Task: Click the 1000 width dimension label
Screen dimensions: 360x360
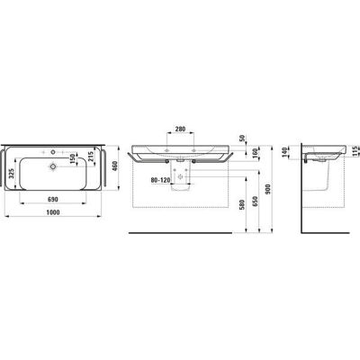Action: pos(53,212)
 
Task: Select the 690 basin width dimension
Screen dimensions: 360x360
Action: pos(53,199)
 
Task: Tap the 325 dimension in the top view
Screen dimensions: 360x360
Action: pos(12,174)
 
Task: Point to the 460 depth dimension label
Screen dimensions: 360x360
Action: pos(115,166)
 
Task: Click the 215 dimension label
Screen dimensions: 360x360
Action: pos(91,157)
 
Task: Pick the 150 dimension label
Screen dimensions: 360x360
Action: pos(72,158)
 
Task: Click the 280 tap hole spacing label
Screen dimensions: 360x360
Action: pos(180,129)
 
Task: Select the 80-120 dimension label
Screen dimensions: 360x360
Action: pos(160,180)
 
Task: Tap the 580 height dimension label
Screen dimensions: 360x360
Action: pos(243,204)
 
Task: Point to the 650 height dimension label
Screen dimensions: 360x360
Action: pos(256,202)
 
